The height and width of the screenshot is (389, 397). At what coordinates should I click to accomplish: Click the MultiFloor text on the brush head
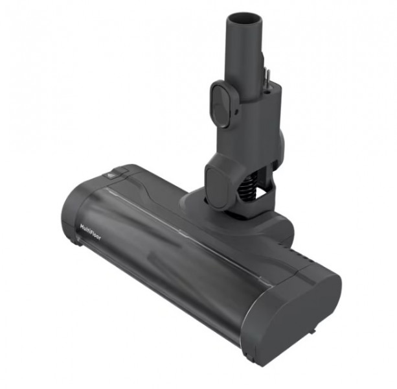[91, 232]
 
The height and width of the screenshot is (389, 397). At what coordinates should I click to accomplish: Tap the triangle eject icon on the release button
[110, 175]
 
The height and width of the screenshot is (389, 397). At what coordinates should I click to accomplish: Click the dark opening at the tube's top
[244, 19]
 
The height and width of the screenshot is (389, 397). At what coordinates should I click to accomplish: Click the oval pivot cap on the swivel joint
[216, 187]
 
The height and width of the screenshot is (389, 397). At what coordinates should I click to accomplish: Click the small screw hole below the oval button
[236, 111]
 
